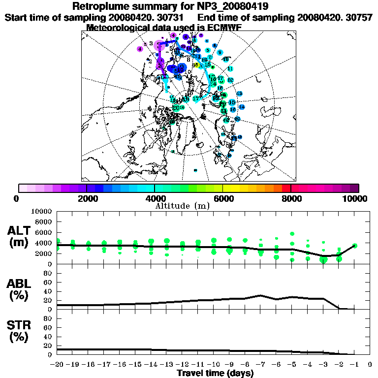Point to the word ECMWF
pyautogui.click(x=220, y=28)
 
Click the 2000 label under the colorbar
pyautogui.click(x=87, y=198)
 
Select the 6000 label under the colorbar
pyautogui.click(x=223, y=198)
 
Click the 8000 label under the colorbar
pyautogui.click(x=291, y=198)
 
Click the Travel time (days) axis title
pyautogui.click(x=215, y=374)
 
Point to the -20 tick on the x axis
pyautogui.click(x=58, y=365)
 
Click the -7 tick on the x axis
pyautogui.click(x=261, y=365)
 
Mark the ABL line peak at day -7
pyautogui.click(x=261, y=295)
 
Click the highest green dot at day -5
pyautogui.click(x=292, y=234)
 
